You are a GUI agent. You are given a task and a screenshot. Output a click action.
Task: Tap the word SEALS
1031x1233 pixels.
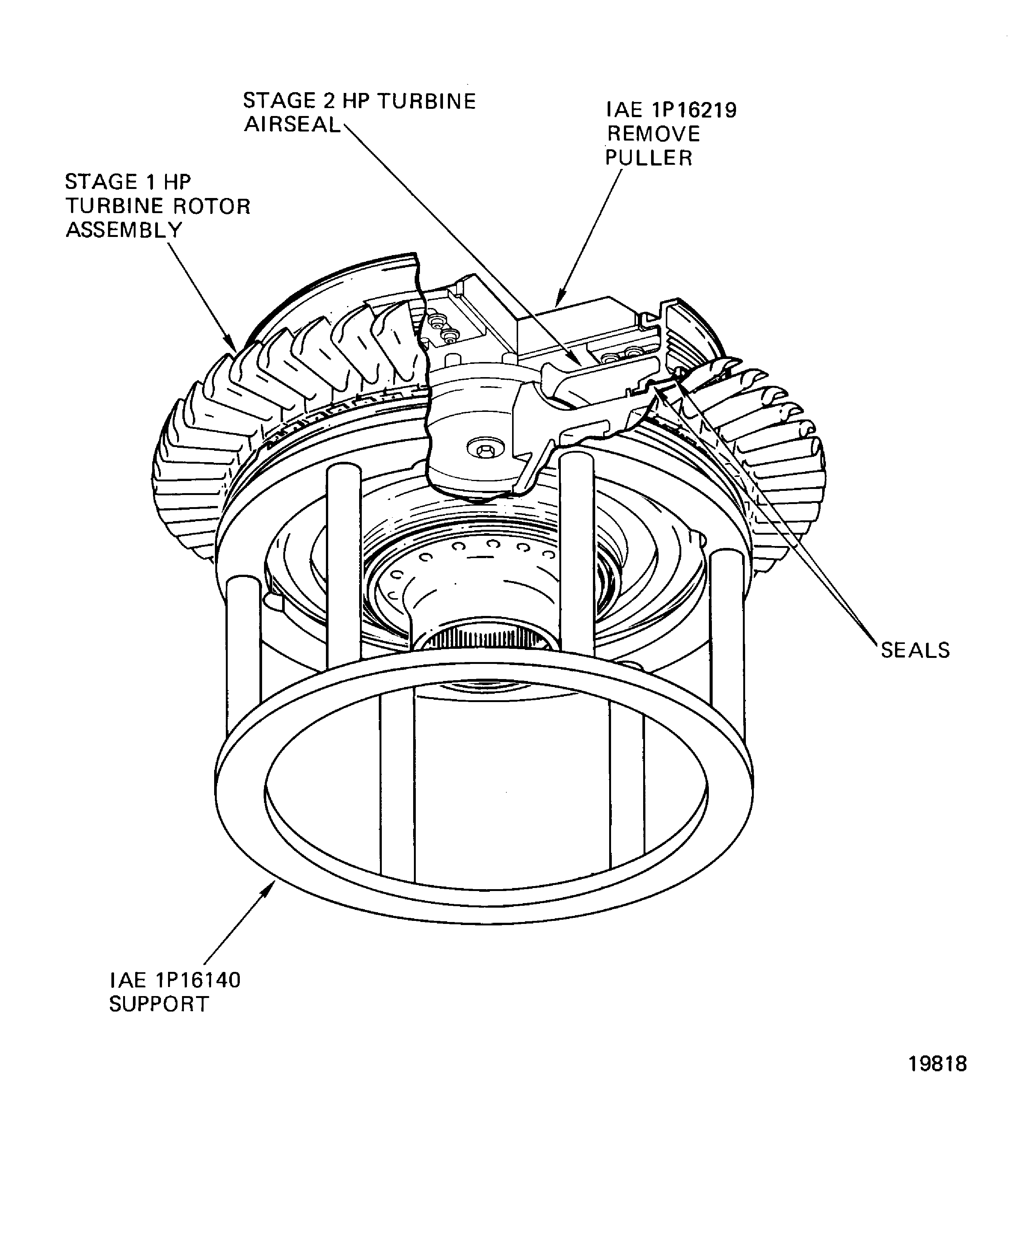tap(915, 651)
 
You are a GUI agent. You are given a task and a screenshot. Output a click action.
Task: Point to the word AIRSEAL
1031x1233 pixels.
tap(292, 124)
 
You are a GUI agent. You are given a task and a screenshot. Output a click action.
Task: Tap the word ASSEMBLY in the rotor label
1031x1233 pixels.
tap(124, 230)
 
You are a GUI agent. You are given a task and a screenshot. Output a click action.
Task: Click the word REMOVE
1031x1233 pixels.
tap(653, 134)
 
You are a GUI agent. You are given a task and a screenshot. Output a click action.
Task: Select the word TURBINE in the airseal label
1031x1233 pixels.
tap(426, 101)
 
